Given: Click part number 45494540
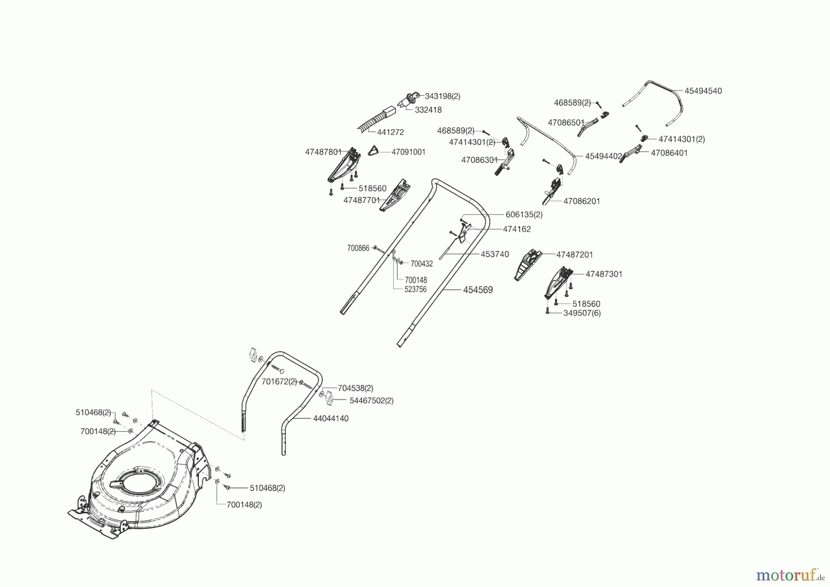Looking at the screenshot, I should (703, 91).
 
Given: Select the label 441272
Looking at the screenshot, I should (390, 132).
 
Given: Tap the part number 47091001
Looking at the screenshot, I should (408, 152).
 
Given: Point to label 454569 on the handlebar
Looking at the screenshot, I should (478, 290).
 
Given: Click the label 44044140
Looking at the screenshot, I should (331, 419).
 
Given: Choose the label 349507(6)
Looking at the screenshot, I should (582, 313).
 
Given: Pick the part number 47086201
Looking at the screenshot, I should (581, 201).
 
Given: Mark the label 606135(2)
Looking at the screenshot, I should (524, 215).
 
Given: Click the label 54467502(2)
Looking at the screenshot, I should (371, 401).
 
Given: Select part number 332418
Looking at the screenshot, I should (428, 110).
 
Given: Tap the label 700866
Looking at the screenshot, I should (358, 248).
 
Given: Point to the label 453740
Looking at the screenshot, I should (495, 254).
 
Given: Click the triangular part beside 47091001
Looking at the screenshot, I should (374, 151).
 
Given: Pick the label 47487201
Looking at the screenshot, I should (575, 255).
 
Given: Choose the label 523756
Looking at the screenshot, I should (415, 290).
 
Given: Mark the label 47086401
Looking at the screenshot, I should (669, 153).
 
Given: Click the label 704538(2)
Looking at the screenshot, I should (355, 389).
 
